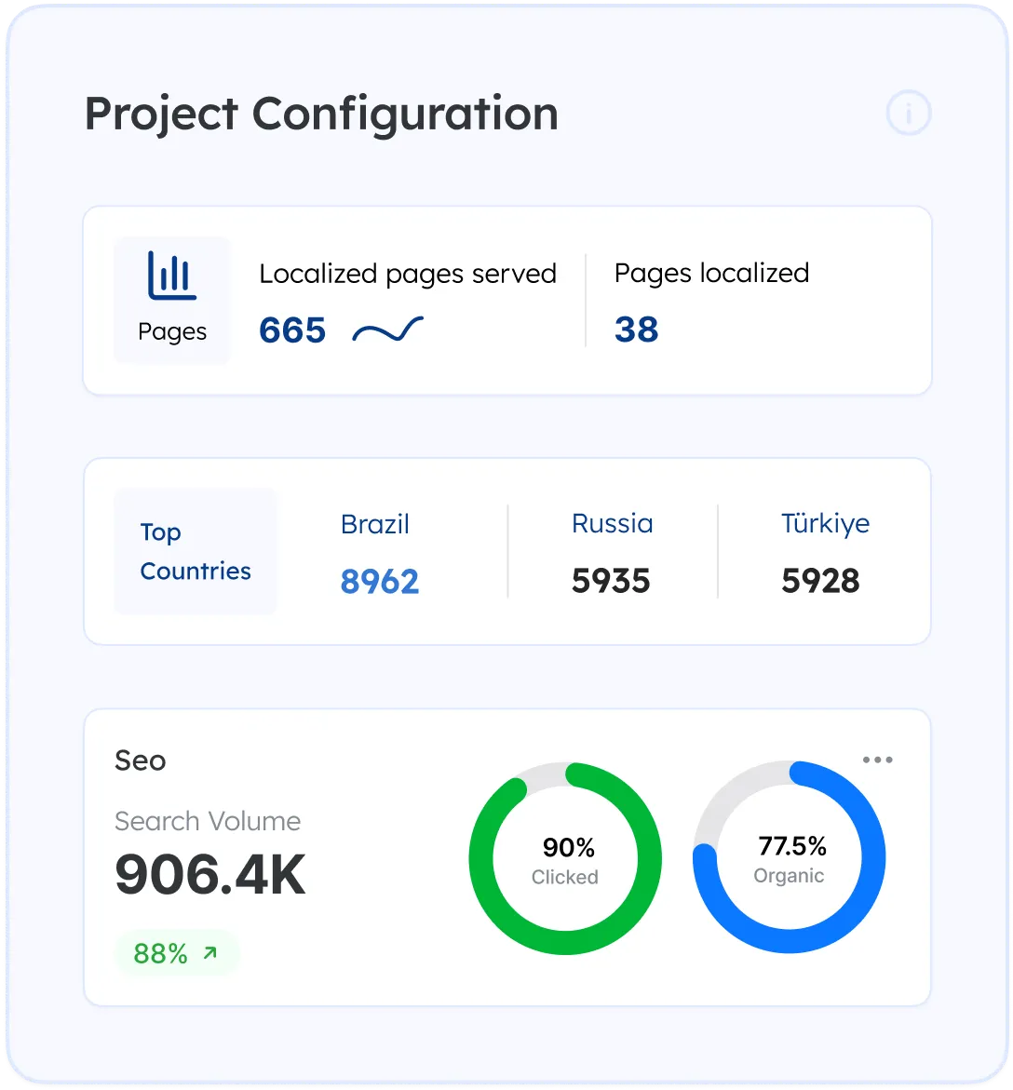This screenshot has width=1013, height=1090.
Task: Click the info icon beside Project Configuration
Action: [x=908, y=114]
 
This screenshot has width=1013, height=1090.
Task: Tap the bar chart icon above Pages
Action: [x=172, y=276]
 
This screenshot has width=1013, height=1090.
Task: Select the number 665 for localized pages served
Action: [x=292, y=330]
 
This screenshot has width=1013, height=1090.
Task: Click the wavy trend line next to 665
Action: [x=387, y=330]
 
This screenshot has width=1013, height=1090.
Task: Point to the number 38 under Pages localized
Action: [x=637, y=330]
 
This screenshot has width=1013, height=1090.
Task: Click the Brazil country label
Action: [x=375, y=524]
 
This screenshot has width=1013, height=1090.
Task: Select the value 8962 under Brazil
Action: [x=380, y=582]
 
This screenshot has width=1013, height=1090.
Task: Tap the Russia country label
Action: [x=612, y=523]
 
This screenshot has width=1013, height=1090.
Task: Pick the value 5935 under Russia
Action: [x=611, y=582]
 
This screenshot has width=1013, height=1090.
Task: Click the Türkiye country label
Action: [x=825, y=523]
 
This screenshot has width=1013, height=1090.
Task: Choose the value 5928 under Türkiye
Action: [x=820, y=582]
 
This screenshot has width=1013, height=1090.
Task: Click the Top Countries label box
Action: [x=196, y=551]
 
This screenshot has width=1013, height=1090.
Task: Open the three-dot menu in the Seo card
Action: [x=877, y=760]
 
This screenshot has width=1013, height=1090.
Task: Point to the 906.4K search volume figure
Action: [x=210, y=875]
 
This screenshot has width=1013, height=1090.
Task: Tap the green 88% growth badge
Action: [x=177, y=953]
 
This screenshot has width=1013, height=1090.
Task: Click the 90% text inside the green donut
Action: [x=568, y=848]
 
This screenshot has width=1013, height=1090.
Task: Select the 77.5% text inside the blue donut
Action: [x=792, y=846]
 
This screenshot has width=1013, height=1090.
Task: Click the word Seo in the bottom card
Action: [x=141, y=760]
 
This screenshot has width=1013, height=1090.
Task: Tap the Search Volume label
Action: [x=208, y=821]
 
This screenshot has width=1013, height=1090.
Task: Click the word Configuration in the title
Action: [x=405, y=114]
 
